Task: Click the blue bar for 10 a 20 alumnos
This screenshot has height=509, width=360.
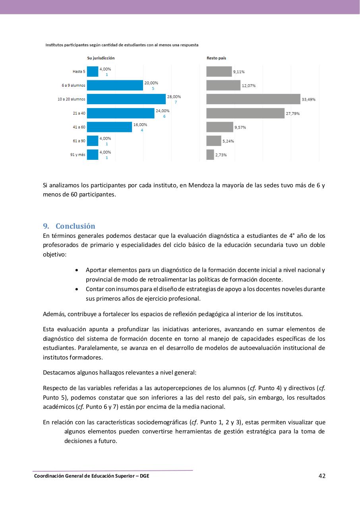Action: pos(126,99)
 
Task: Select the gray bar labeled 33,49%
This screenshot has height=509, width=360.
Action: pos(253,99)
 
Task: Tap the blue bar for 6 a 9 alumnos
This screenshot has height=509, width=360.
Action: pos(115,85)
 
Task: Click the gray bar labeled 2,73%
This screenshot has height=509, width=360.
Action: pos(210,155)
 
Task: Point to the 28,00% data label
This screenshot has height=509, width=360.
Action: pos(174,97)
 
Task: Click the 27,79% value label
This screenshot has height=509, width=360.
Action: pos(293,114)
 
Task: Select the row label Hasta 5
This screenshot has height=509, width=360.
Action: pos(79,72)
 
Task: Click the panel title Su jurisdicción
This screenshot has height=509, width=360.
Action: pos(101,58)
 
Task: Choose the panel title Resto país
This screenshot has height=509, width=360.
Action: pos(216,58)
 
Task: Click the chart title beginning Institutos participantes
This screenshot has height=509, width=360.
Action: pos(122,45)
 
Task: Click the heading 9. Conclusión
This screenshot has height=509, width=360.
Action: pos(69,226)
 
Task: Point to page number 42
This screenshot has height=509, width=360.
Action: pos(322,476)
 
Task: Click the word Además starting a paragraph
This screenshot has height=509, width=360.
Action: pos(54,314)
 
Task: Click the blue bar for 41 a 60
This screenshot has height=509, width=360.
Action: pos(109,127)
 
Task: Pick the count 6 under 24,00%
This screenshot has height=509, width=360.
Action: pos(164,116)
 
